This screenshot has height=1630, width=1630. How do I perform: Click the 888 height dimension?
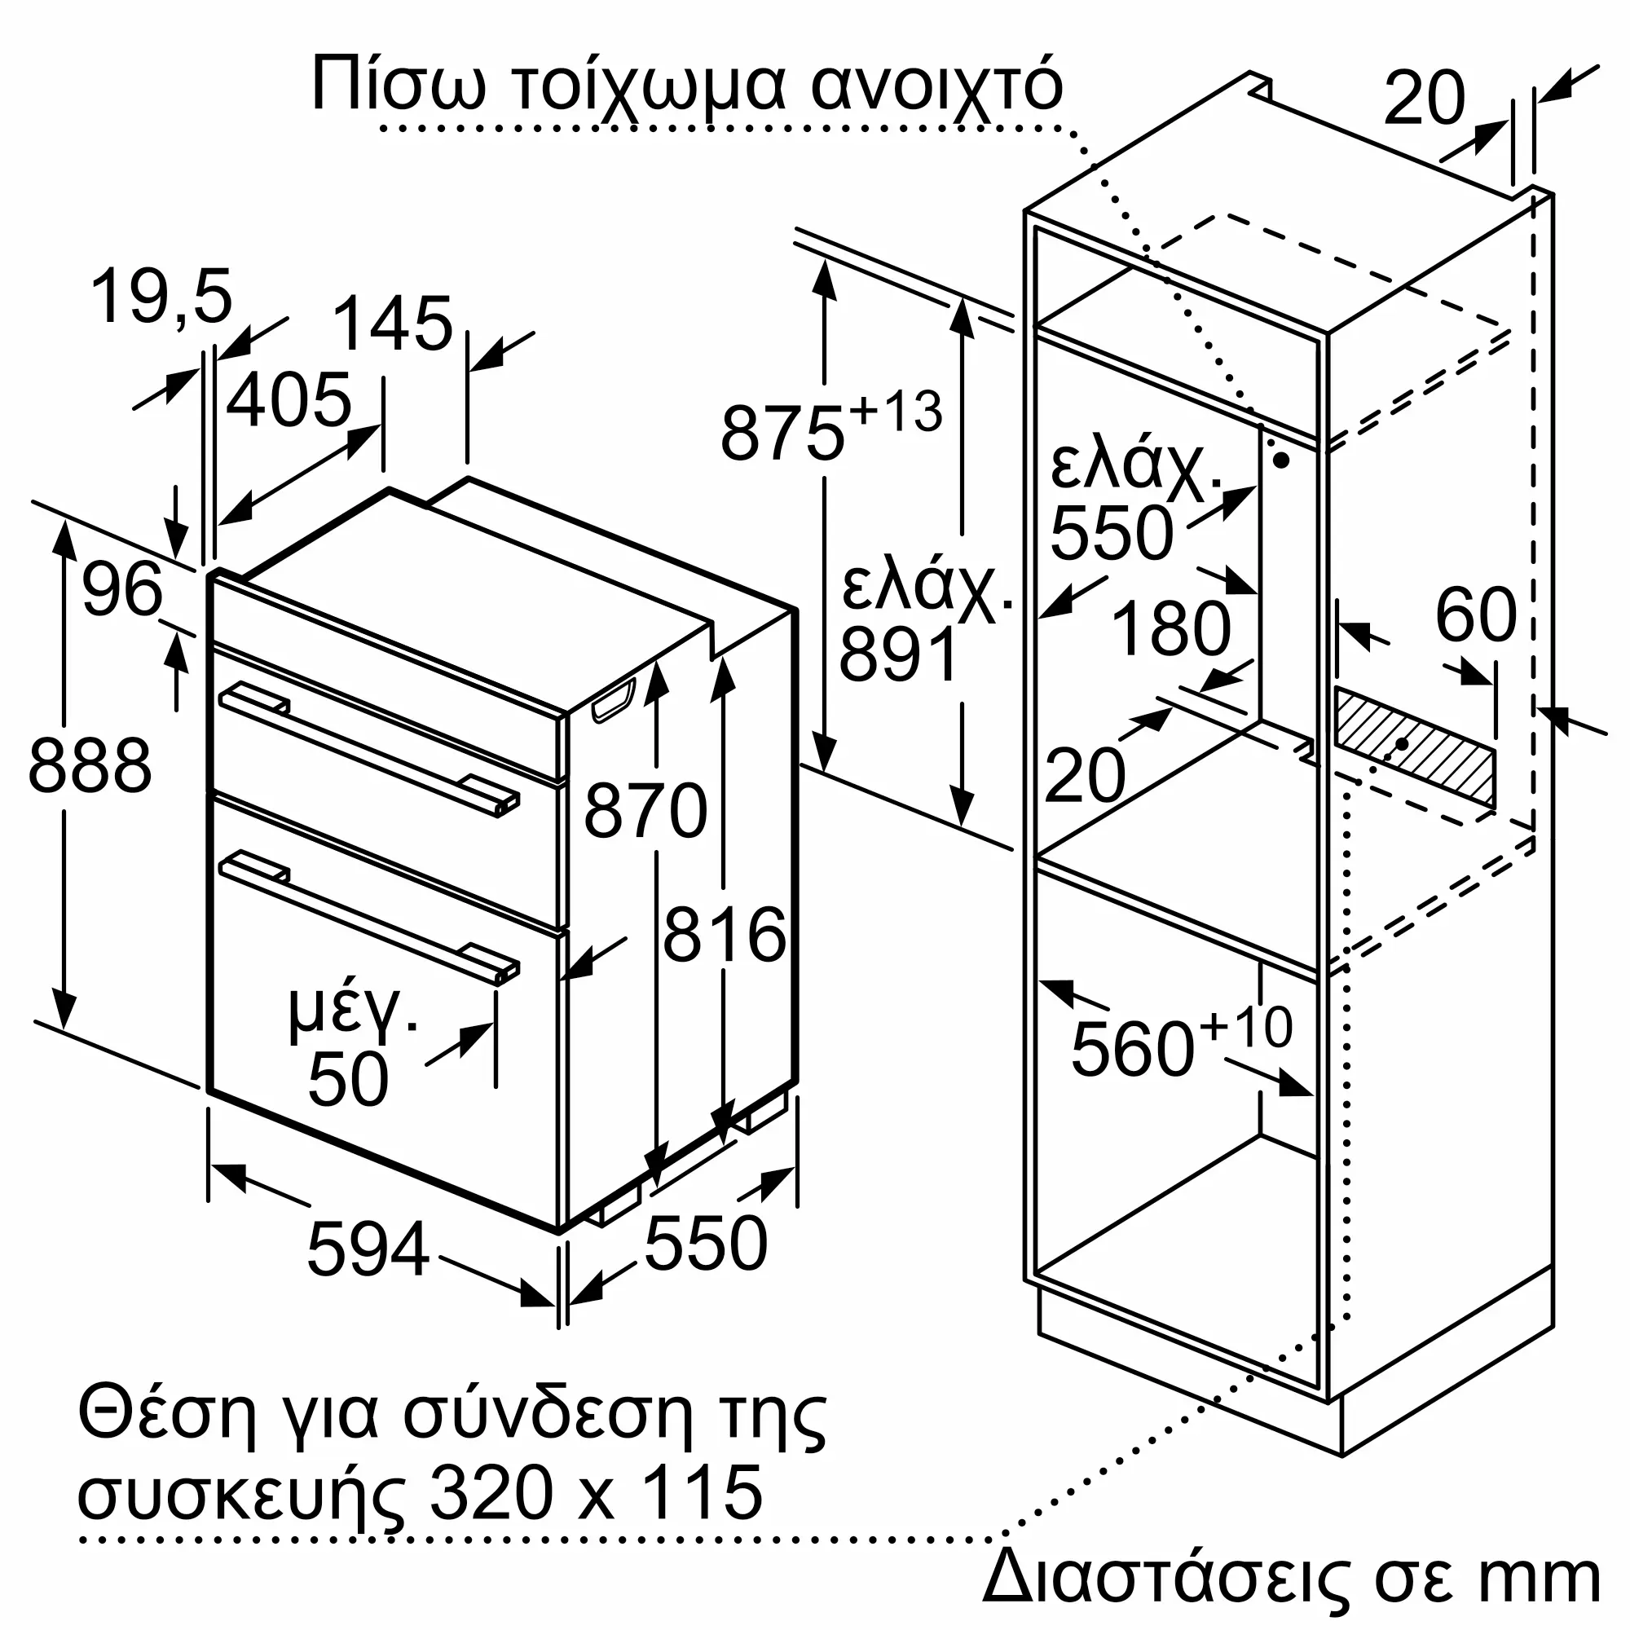click(90, 766)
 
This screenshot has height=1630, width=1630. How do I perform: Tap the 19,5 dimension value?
click(161, 297)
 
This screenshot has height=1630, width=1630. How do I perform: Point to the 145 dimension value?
click(392, 324)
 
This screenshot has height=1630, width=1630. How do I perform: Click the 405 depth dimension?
click(289, 399)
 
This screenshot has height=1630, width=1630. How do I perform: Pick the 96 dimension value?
click(121, 589)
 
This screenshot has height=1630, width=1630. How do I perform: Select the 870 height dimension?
click(645, 811)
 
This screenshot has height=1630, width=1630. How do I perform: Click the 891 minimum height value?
click(900, 654)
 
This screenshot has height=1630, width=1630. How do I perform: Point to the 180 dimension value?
click(1171, 628)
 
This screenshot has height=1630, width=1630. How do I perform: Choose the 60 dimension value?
click(1476, 615)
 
